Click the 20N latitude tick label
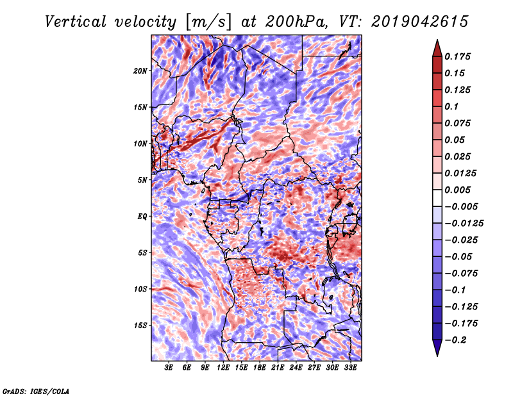click(140, 70)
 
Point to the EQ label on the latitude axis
click(142, 216)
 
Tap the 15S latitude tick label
click(140, 326)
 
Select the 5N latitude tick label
click(142, 180)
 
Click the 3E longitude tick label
click(169, 368)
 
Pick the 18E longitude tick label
click(260, 368)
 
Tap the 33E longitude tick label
click(350, 368)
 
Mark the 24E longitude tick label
click(296, 368)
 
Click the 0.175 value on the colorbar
click(457, 56)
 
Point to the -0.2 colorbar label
click(455, 340)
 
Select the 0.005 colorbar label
click(457, 190)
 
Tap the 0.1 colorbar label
click(452, 106)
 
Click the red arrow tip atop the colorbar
click(437, 40)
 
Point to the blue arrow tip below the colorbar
click(437, 355)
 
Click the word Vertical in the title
click(76, 22)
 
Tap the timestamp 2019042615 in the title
click(420, 22)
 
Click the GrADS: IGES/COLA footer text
click(36, 391)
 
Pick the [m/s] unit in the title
click(208, 22)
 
